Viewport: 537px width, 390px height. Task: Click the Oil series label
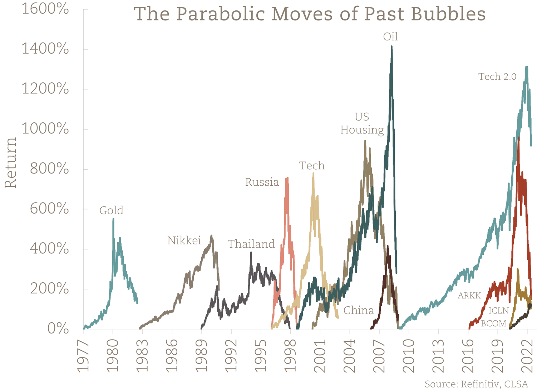coord(390,37)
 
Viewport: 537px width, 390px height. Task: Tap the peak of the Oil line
coord(392,47)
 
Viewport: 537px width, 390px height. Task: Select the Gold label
coord(111,210)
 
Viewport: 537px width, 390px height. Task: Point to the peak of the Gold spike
coord(113,219)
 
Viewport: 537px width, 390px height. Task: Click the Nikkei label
coord(184,240)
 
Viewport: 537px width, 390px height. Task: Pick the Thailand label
coord(251,244)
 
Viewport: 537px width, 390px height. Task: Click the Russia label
coord(262,182)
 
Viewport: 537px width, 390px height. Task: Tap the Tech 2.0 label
coord(497,77)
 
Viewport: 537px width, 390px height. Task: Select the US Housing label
coord(362,123)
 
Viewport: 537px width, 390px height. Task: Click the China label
coord(359,310)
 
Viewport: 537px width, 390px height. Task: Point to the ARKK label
coord(469,296)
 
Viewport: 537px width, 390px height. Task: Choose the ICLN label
coord(498,311)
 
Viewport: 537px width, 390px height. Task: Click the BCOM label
coord(493,323)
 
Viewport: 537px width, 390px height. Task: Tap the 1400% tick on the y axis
coord(45,49)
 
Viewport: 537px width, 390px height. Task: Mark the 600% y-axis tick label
coord(49,209)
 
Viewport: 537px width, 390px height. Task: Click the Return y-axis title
coord(11,163)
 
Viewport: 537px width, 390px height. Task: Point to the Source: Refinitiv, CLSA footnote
coord(476,384)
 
